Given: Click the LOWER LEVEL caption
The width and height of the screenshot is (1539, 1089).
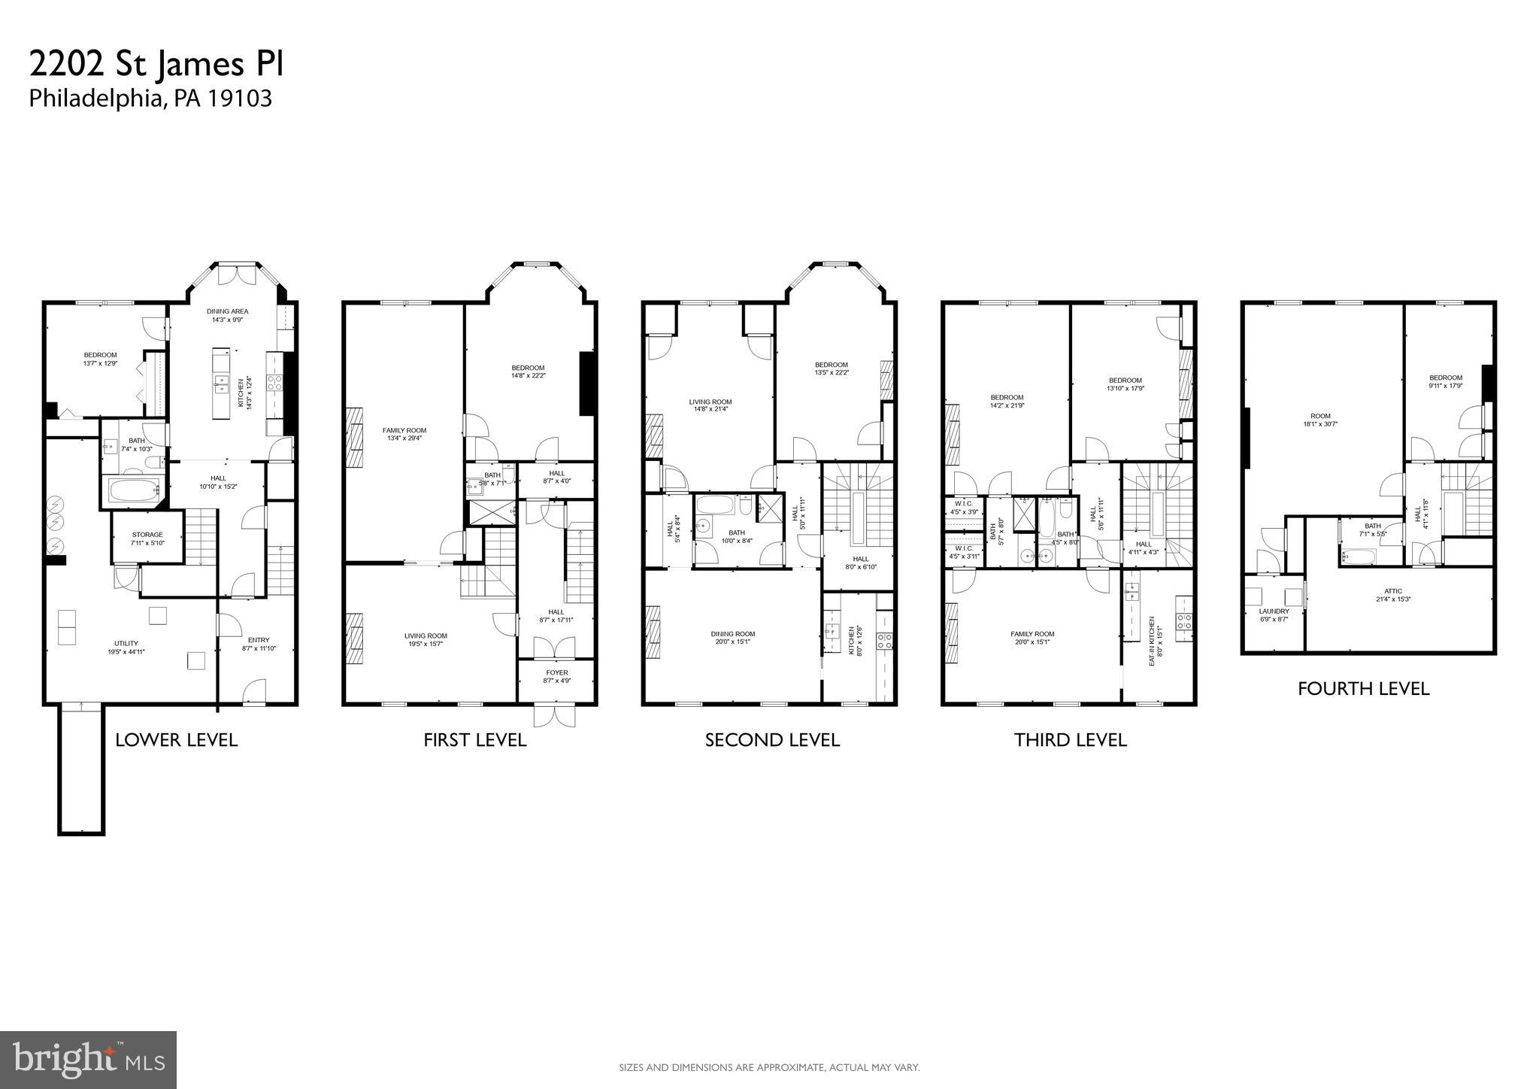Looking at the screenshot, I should [176, 740].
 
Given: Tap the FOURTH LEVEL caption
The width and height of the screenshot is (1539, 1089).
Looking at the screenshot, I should [1362, 689].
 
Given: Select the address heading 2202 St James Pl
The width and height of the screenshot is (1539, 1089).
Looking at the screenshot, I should [156, 65].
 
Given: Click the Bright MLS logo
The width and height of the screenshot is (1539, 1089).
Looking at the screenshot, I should [88, 1060].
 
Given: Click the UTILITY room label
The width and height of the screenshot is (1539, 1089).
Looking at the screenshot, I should [126, 648].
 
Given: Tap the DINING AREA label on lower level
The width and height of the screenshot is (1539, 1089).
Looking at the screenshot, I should [227, 315].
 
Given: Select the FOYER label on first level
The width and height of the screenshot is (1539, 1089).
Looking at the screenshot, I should [556, 676].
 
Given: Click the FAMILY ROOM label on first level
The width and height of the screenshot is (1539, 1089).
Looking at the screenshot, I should [404, 433].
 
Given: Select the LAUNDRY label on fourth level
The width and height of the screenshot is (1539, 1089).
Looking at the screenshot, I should [1274, 615].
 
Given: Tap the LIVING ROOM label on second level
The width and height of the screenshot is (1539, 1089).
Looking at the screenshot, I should [710, 405].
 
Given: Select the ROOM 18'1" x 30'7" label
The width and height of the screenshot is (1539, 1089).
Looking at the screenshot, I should [1319, 420].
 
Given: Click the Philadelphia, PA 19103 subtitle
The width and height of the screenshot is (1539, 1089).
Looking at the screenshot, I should [150, 99].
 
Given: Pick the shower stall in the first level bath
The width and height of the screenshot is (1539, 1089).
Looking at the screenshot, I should [492, 512].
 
